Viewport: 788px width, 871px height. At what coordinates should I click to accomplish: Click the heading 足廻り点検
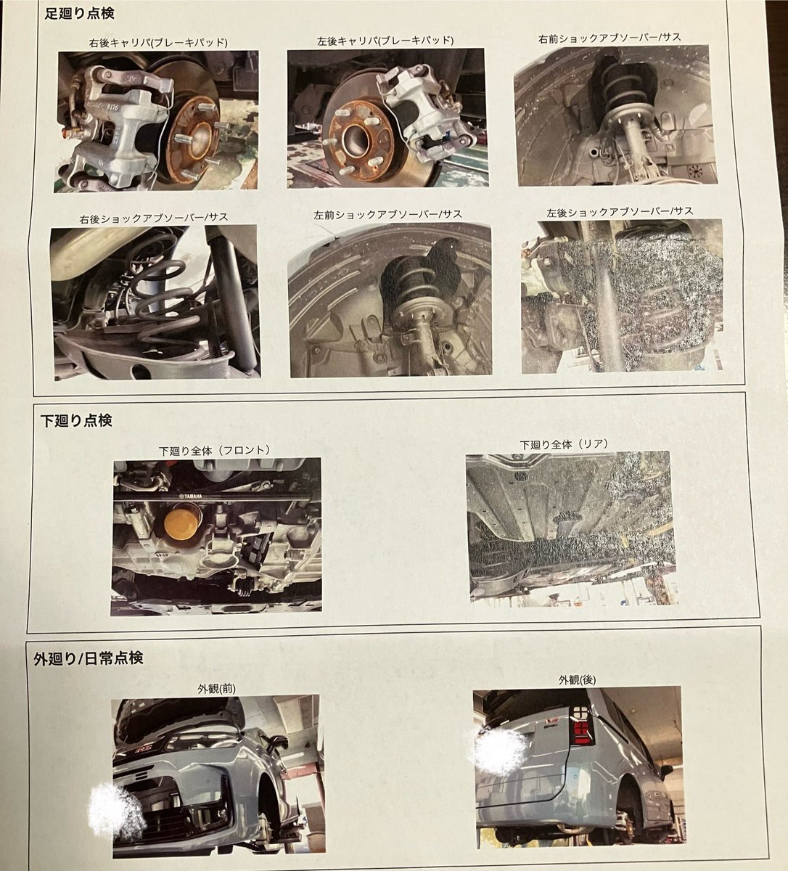point(79,14)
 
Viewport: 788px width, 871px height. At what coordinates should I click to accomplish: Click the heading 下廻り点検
point(76,420)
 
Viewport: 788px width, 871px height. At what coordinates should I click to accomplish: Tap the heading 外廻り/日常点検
point(88,658)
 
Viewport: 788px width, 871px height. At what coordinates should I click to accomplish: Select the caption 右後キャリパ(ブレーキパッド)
point(158,43)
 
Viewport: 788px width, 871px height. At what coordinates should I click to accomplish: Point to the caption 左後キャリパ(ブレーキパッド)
point(385,41)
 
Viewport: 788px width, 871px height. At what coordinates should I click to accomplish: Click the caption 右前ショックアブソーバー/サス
point(610,38)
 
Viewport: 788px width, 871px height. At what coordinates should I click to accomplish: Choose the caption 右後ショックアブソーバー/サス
point(154,218)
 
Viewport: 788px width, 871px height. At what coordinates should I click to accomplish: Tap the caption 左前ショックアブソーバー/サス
point(387,215)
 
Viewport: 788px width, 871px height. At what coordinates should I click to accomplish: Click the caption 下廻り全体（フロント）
point(215,450)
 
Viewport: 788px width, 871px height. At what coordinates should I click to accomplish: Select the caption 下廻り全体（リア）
point(565,444)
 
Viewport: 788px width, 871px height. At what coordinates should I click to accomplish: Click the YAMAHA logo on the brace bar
point(191,496)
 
